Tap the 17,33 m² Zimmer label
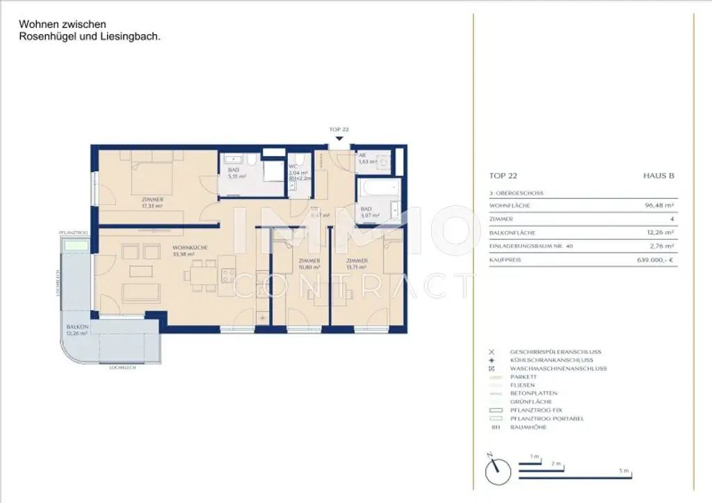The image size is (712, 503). pos(152,202)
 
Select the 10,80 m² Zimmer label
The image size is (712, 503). pos(309,264)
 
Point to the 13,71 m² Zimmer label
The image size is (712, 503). pos(357,264)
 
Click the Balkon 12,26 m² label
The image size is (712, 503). pos(77,330)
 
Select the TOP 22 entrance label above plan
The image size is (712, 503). pos(339,130)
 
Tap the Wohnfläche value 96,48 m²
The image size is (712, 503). pos(659,206)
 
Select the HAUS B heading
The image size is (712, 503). pos(658,176)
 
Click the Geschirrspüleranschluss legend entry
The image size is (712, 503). pos(556,352)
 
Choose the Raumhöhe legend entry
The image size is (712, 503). pos(528,427)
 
